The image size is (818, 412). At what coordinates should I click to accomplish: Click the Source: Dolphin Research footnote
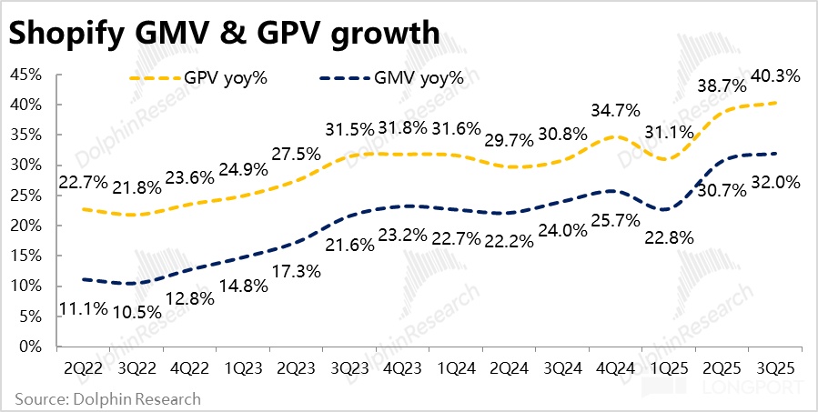pos(107,398)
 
